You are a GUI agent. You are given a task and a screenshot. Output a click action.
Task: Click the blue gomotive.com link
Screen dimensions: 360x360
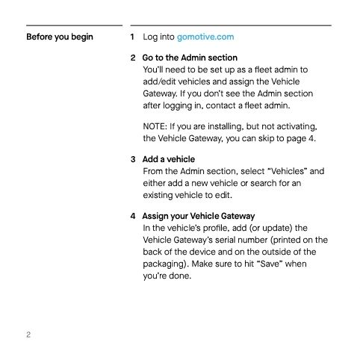204,37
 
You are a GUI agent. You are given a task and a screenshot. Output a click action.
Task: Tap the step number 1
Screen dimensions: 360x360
133,37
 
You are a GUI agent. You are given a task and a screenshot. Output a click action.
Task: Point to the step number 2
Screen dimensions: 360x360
133,58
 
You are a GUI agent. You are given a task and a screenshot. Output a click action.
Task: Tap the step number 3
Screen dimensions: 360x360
133,159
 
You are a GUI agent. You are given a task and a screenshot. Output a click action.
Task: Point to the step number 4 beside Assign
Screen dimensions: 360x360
133,217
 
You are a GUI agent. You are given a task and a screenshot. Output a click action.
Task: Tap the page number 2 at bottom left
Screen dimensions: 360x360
28,334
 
